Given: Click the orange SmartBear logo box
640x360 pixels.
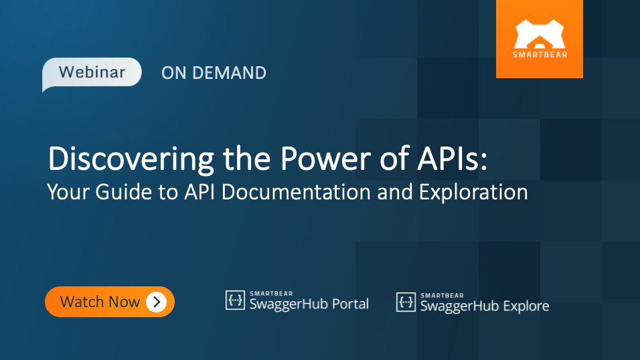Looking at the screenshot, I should [x=539, y=39].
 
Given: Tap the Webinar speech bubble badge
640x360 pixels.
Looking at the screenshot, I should [x=92, y=72].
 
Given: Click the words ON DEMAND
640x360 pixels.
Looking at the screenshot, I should [x=214, y=73].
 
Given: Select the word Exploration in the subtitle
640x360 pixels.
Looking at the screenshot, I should [x=473, y=193].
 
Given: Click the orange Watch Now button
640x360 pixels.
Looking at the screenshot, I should [x=109, y=302].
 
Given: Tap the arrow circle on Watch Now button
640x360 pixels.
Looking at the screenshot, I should [x=156, y=302].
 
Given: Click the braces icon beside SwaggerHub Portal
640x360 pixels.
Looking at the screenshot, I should [x=235, y=301].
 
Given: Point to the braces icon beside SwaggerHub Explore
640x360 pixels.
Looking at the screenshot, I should [x=406, y=302].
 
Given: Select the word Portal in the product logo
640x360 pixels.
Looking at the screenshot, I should [x=346, y=304].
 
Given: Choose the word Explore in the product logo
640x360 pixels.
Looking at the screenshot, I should [x=526, y=306].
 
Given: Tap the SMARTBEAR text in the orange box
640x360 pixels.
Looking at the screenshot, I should [x=539, y=54].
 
